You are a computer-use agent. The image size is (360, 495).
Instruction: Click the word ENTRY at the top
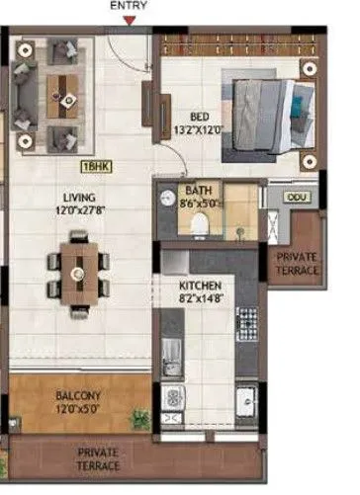(130, 6)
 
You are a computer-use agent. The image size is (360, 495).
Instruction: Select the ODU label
(294, 199)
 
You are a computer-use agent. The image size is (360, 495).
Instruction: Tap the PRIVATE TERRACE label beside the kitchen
(296, 264)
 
